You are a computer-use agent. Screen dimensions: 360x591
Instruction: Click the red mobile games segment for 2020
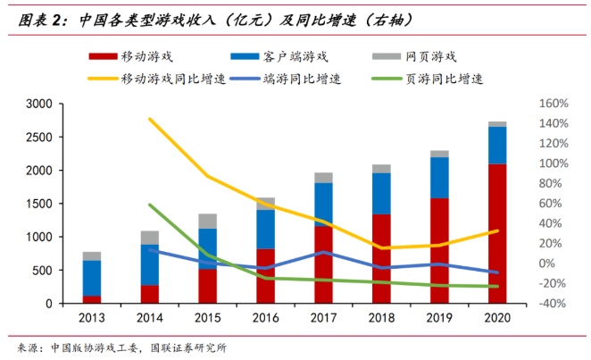[x=497, y=233]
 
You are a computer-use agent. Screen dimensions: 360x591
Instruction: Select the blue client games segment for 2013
[x=92, y=278]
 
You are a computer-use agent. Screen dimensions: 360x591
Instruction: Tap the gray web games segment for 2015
[x=207, y=221]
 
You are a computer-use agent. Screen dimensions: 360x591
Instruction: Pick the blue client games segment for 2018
[x=381, y=193]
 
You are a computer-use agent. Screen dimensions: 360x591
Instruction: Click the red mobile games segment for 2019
[x=439, y=250]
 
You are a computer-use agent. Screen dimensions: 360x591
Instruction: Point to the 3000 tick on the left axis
[x=39, y=104]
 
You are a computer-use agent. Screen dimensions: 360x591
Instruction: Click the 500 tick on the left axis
[x=43, y=271]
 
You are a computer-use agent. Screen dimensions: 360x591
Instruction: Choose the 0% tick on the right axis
[x=546, y=264]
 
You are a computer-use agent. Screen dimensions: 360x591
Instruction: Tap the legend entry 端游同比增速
[x=299, y=78]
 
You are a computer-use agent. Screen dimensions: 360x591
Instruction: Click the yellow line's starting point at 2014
[x=149, y=119]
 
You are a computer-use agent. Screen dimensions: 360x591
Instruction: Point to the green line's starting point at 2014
[x=149, y=205]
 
